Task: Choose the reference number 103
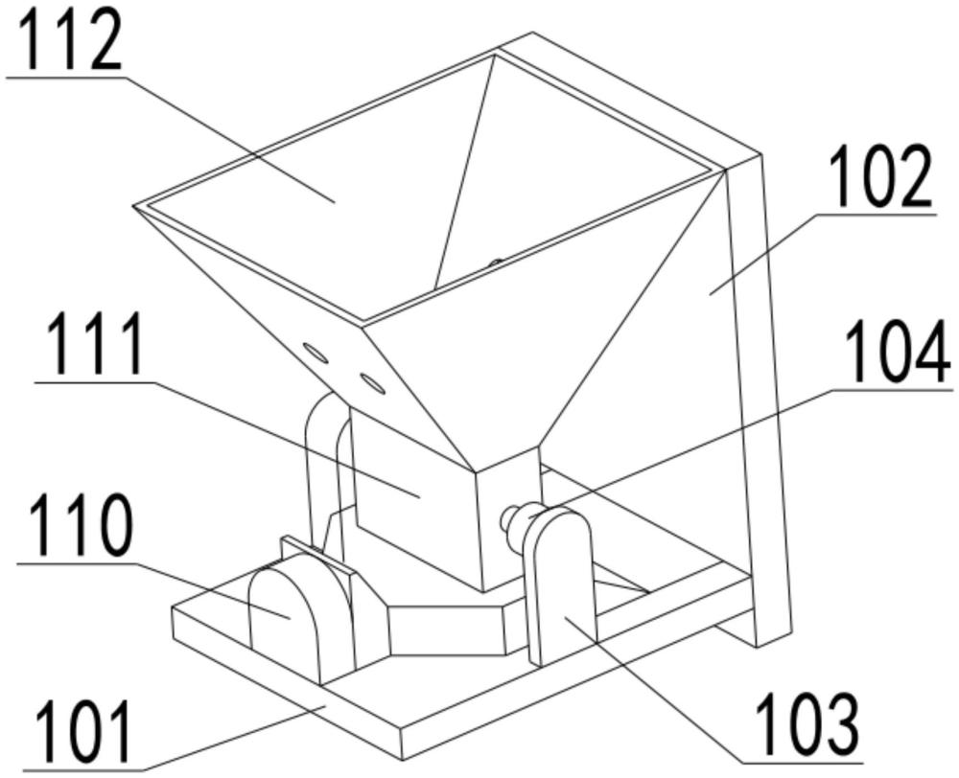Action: pos(807,725)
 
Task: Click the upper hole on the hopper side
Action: pos(316,354)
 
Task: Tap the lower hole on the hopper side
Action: pos(372,383)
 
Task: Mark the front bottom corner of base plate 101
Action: pos(402,761)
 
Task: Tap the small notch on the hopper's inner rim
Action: pos(496,263)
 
